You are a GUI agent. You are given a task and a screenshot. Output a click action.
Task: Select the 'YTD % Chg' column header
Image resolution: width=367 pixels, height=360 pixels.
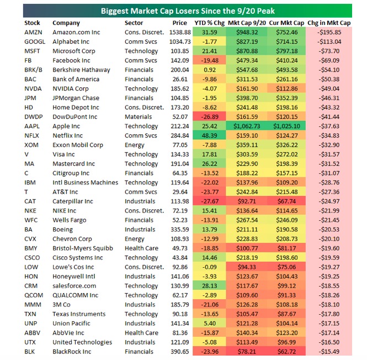pos(210,23)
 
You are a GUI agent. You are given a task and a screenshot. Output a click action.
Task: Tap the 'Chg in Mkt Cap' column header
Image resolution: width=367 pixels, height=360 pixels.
pos(329,23)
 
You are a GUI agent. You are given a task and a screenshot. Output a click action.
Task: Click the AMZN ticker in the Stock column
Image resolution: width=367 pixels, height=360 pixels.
pos(33,33)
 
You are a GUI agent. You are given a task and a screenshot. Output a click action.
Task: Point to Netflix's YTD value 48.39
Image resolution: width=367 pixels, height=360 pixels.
pos(210,136)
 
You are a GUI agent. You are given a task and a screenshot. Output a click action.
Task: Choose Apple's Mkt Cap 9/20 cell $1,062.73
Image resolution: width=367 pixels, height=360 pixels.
pos(247,126)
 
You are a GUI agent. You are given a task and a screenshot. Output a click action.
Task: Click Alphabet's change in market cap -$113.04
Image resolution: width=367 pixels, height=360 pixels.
pos(329,42)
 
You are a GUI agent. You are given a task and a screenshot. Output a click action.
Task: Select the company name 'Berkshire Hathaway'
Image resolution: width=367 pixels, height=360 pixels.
pos(81,70)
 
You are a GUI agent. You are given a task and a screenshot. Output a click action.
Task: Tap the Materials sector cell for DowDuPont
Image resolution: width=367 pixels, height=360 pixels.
pos(138,117)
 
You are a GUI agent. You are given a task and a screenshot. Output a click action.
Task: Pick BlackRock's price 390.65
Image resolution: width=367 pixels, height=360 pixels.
pos(180,352)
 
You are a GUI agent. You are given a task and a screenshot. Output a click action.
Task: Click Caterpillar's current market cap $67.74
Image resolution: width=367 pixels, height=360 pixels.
pos(286,202)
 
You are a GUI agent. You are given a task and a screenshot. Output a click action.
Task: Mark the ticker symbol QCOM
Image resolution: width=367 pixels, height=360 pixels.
pos(34,295)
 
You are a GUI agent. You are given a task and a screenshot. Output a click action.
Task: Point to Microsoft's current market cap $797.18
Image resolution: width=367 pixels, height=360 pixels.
pos(286,51)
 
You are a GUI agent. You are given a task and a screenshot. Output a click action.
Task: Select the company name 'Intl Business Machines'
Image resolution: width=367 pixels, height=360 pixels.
pos(85,182)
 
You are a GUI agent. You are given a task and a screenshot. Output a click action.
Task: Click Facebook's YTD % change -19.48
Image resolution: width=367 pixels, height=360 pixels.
pos(210,60)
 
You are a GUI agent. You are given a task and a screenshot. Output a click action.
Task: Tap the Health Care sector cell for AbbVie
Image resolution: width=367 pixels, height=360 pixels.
pos(141,333)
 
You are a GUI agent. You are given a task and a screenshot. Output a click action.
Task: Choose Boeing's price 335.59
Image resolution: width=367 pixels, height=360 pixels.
pos(180,230)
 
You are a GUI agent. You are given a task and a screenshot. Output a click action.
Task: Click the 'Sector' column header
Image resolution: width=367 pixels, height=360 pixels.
pos(134,23)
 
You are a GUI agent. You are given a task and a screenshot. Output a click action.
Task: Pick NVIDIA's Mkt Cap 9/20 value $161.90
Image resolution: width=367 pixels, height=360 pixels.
pos(247,89)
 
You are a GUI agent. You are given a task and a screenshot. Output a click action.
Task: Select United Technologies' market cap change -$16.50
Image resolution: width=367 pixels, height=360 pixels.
pos(329,342)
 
